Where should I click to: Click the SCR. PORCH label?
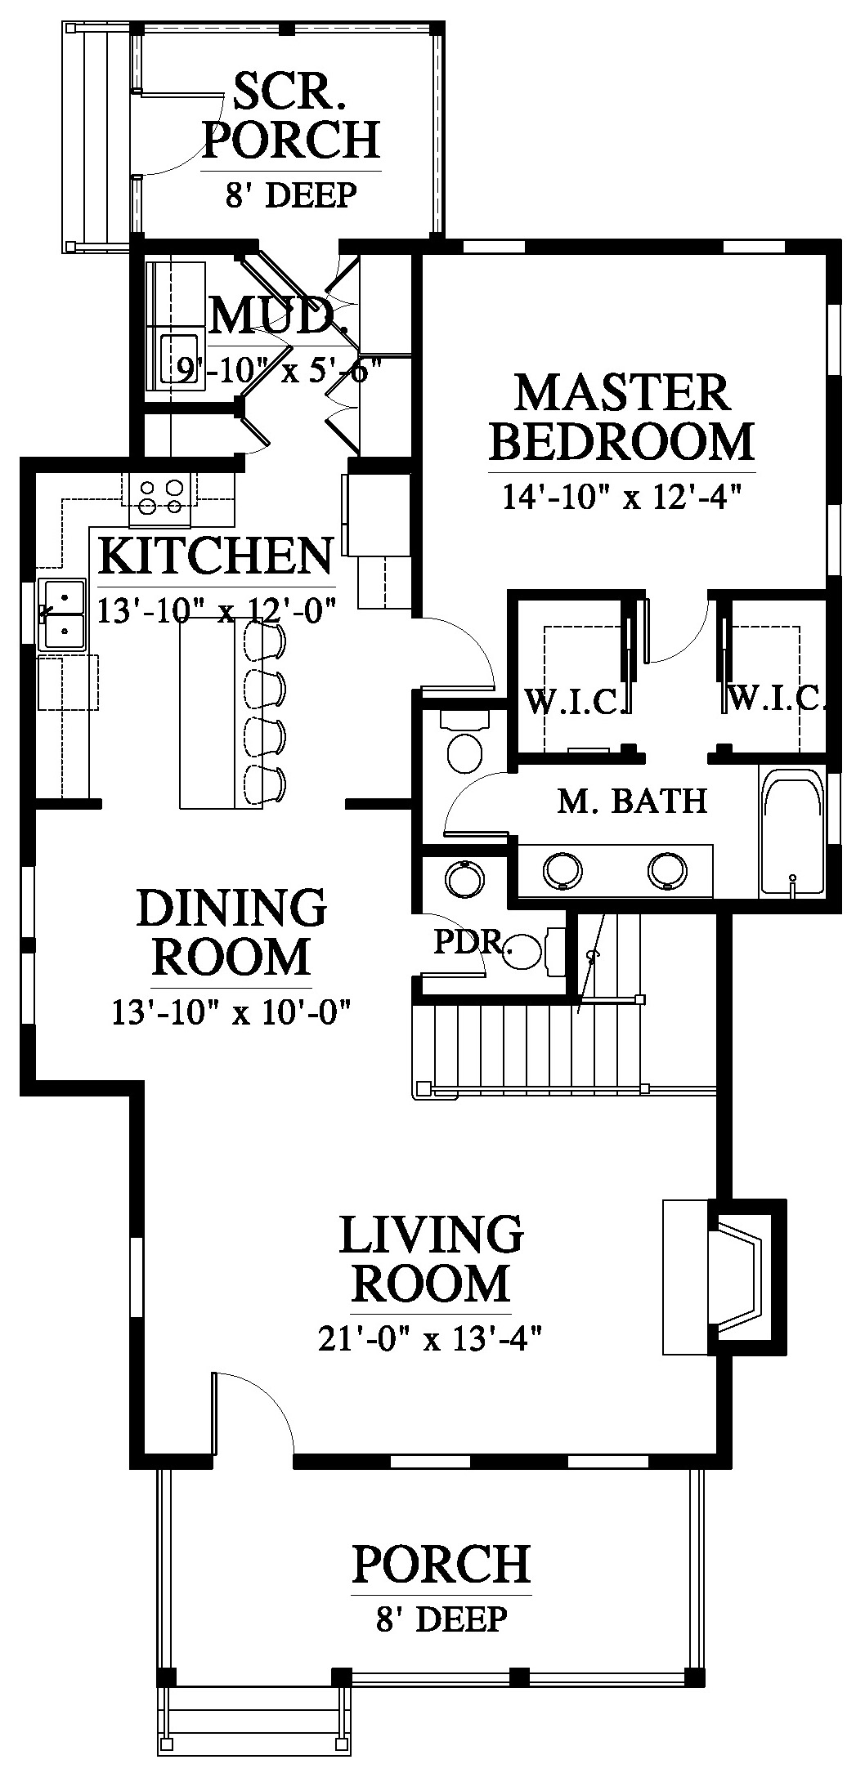pyautogui.click(x=291, y=116)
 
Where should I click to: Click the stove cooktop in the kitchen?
pyautogui.click(x=160, y=498)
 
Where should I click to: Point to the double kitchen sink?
pyautogui.click(x=62, y=614)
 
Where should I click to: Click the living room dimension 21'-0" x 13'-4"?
pyautogui.click(x=431, y=1339)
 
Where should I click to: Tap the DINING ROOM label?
pyautogui.click(x=232, y=931)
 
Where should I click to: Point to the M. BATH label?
pyautogui.click(x=633, y=802)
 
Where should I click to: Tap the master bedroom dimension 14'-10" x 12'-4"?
pyautogui.click(x=622, y=497)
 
